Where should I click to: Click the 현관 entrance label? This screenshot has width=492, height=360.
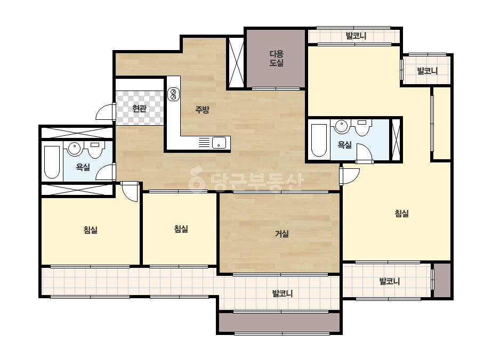point(139,109)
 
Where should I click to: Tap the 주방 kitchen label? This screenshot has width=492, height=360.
point(202,110)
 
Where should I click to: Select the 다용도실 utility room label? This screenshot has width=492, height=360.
point(277,59)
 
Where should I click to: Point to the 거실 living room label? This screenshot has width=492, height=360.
point(282,234)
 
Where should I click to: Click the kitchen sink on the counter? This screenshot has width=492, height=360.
point(219,143)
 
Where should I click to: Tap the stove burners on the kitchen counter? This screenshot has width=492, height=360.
point(173,94)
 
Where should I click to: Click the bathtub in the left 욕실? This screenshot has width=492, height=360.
point(52,162)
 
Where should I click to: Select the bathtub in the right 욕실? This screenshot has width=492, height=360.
point(319,140)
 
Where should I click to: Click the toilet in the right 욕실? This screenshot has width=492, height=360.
point(362,128)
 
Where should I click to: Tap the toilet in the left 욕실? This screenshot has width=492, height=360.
point(95,150)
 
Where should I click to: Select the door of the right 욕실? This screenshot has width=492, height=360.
point(364,153)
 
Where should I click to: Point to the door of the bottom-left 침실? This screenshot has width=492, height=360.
point(130,191)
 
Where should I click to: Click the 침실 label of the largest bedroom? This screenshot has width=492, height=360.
point(401,214)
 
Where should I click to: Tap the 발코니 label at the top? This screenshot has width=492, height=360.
point(356,36)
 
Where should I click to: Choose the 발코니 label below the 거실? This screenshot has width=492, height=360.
point(283,293)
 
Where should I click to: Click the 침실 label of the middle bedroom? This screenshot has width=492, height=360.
point(181,229)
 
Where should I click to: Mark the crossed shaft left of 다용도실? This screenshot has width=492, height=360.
point(236,62)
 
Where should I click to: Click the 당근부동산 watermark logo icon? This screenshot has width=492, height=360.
point(196,179)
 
